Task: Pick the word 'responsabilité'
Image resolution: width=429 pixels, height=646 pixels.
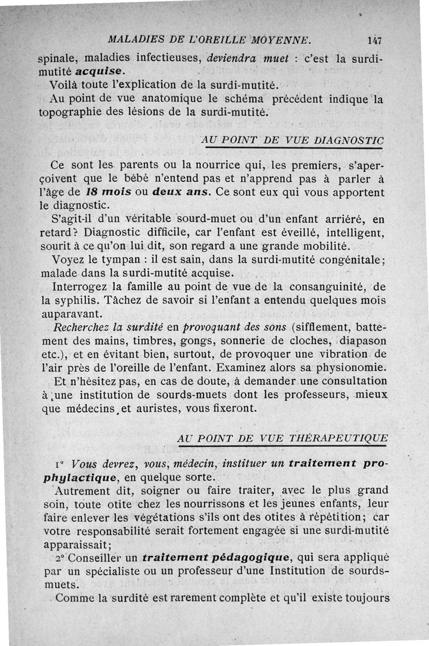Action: [x=108, y=531]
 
